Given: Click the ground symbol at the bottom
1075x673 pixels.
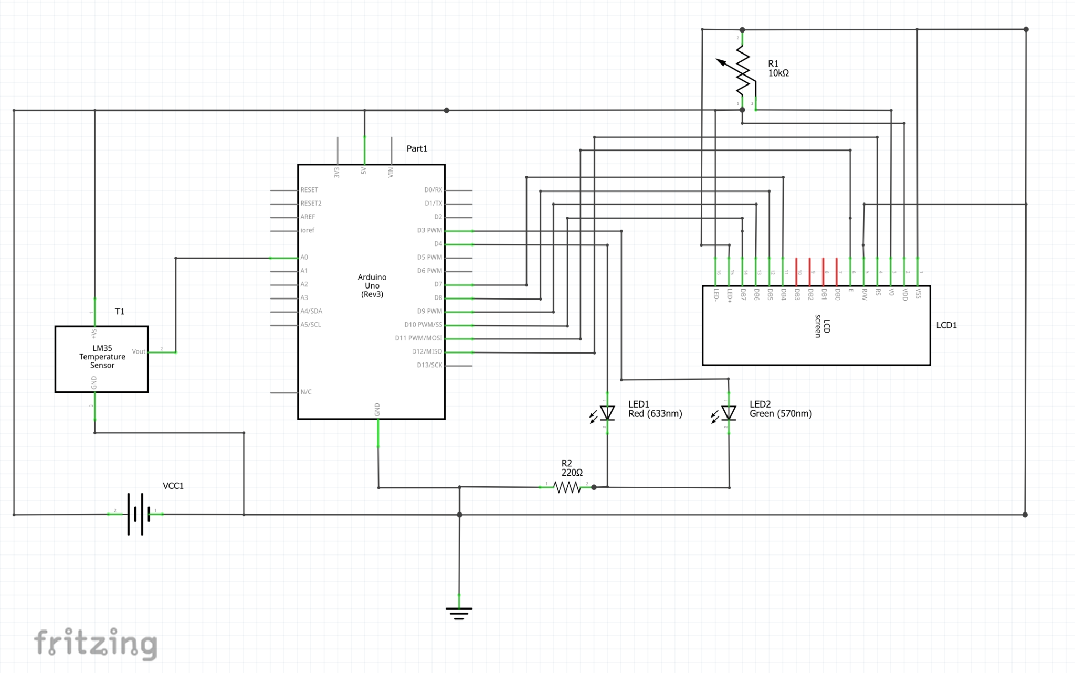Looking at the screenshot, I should pyautogui.click(x=459, y=612).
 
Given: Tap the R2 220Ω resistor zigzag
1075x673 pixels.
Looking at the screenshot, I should pyautogui.click(x=567, y=488).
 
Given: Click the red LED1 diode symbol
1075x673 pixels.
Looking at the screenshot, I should pyautogui.click(x=607, y=413).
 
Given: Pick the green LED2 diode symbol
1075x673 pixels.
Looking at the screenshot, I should pyautogui.click(x=728, y=413).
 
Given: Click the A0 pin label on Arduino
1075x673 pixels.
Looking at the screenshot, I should pyautogui.click(x=304, y=258).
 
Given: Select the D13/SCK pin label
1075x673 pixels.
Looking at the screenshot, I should pyautogui.click(x=429, y=365).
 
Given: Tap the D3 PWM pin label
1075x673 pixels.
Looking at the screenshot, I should pyautogui.click(x=429, y=230).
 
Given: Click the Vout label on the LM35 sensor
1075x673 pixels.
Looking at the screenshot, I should pyautogui.click(x=139, y=351).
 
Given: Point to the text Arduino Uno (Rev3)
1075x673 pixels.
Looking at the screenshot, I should pyautogui.click(x=372, y=285).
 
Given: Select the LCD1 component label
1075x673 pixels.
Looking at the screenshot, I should pyautogui.click(x=946, y=325).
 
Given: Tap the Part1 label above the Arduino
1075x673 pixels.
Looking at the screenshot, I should pyautogui.click(x=417, y=148).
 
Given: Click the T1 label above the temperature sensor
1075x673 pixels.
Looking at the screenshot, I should pyautogui.click(x=120, y=312).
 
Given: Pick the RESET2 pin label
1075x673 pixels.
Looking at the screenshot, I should pyautogui.click(x=311, y=204).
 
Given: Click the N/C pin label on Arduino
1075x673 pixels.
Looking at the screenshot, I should pyautogui.click(x=306, y=392).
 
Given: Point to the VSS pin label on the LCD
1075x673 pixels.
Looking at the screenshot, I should pyautogui.click(x=918, y=294).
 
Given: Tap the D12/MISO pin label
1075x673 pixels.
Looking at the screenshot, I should pyautogui.click(x=427, y=351).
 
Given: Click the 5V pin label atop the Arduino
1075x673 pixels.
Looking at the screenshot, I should pyautogui.click(x=364, y=171).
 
